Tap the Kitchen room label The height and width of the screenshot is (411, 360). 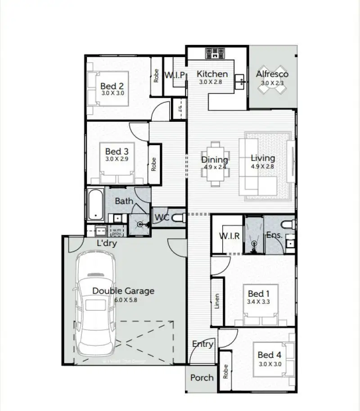[212, 74]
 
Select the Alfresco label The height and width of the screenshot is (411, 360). [272, 74]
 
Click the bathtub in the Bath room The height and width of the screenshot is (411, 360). [95, 205]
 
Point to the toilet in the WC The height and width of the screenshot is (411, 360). [178, 218]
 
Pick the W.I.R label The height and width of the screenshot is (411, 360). [229, 236]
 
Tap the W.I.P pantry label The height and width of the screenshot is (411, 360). [175, 75]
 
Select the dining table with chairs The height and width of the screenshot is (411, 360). [215, 164]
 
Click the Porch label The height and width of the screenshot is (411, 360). [202, 378]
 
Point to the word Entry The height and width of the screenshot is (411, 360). [202, 344]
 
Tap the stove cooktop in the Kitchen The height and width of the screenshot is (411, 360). [216, 54]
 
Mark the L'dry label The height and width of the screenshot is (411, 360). [108, 243]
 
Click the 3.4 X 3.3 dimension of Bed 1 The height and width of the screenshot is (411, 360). [259, 302]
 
